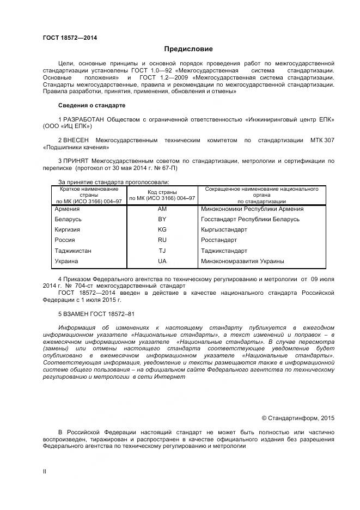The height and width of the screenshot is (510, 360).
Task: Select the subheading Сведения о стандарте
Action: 91,105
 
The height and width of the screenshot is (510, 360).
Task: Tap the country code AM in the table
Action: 162,209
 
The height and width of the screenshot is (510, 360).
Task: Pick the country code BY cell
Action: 162,220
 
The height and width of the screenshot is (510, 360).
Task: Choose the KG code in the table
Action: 162,230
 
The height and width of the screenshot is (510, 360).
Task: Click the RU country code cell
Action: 162,240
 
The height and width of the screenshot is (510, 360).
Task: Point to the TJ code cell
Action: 162,251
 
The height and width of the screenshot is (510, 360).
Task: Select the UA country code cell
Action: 162,262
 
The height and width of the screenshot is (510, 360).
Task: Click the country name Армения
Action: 67,209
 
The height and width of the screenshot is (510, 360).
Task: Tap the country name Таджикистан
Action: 73,251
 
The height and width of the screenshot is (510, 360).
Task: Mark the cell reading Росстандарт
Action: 219,240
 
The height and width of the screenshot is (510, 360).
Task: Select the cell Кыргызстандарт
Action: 224,230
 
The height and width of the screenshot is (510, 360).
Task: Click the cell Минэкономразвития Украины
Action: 242,262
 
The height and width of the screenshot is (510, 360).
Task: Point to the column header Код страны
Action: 162,192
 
